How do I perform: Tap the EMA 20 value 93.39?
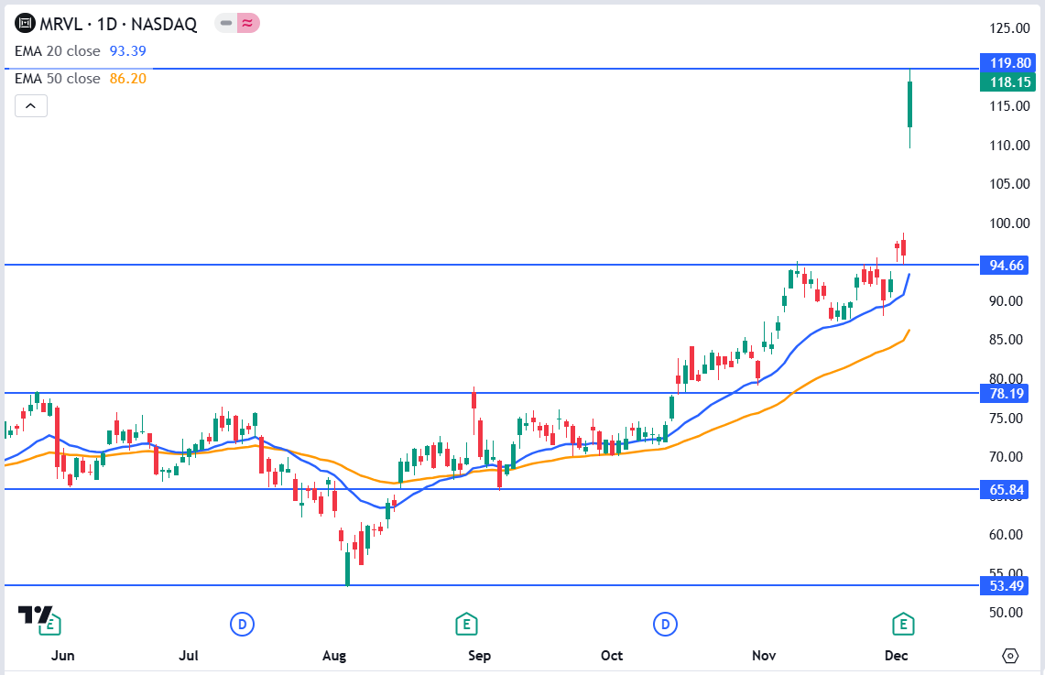coord(128,51)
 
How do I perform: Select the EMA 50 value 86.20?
coord(128,79)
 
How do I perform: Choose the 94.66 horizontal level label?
coord(1006,266)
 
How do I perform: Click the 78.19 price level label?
coord(1006,394)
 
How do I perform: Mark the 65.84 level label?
coord(1006,490)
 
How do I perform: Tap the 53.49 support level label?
coord(1006,585)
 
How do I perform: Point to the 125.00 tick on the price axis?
coord(1006,27)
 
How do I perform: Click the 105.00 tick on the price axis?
coord(1006,184)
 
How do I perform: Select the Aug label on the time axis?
coord(335,656)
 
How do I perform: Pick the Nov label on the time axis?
coord(764,656)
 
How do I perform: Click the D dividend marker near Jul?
coord(242,625)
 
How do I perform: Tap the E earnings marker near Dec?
coord(904,625)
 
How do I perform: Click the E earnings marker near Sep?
coord(467,625)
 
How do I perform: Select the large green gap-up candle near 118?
coord(909,104)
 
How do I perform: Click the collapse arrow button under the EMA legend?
coord(30,106)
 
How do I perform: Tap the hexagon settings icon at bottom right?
coord(1010,656)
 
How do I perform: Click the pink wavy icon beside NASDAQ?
coord(248,24)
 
